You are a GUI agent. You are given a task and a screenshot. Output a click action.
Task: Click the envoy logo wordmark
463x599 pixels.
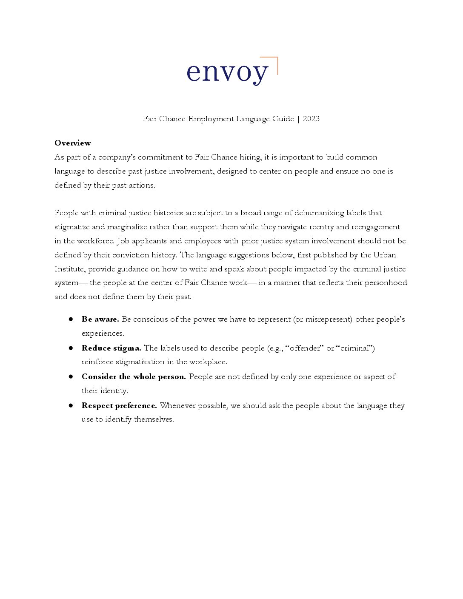(x=227, y=72)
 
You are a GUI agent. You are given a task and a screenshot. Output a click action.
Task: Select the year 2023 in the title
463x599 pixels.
(x=311, y=119)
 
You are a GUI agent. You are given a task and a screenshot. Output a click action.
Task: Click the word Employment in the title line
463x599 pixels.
(x=211, y=119)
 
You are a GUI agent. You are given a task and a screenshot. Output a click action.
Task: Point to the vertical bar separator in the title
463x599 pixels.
(x=298, y=119)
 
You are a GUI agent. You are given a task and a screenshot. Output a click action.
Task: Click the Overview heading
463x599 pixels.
(x=73, y=143)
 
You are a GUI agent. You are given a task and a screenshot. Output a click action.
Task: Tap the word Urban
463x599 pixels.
(x=385, y=255)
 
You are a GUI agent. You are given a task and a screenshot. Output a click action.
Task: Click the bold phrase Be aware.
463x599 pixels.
(x=100, y=319)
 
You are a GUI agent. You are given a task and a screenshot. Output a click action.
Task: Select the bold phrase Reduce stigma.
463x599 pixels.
(x=111, y=348)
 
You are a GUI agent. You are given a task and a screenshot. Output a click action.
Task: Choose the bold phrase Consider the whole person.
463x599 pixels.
(x=134, y=377)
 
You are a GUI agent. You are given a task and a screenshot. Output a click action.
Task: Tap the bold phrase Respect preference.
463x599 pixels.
(x=119, y=405)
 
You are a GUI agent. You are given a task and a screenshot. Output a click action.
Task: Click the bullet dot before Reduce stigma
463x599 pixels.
(x=71, y=348)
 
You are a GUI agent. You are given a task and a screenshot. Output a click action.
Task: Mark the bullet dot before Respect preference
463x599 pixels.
(x=71, y=405)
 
